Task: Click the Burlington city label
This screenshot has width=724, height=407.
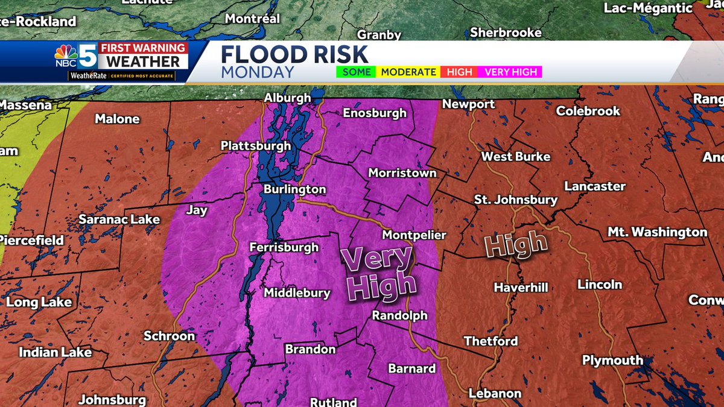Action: click(294, 189)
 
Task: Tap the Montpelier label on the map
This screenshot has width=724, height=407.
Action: click(414, 235)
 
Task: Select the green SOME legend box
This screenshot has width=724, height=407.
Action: click(356, 72)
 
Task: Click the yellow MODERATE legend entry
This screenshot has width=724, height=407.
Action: click(408, 72)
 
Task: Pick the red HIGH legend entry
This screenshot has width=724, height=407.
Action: click(460, 72)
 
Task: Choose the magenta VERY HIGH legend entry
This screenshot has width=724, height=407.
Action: click(511, 72)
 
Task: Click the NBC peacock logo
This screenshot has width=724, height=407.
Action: click(66, 54)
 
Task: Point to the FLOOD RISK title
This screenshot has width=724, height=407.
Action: click(294, 55)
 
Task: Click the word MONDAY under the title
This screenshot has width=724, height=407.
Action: click(258, 72)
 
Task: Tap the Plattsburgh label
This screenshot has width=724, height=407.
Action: click(255, 146)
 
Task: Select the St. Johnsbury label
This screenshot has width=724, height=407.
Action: click(515, 200)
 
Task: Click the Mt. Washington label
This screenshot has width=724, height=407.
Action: click(657, 232)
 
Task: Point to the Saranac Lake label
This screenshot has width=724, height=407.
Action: click(119, 219)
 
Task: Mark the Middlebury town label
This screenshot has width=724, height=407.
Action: click(297, 293)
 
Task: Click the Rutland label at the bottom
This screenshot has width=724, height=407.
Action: click(333, 402)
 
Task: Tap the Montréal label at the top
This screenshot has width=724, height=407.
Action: click(252, 19)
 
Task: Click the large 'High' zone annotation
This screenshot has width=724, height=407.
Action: click(516, 245)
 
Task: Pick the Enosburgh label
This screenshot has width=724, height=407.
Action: click(378, 113)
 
